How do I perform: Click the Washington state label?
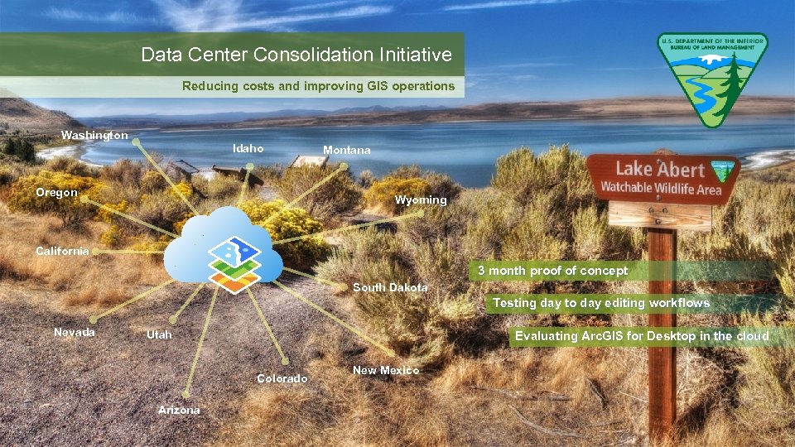click(x=94, y=135)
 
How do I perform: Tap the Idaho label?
click(x=248, y=149)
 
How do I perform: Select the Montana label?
click(x=347, y=151)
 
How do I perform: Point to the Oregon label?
click(x=56, y=193)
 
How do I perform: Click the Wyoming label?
click(x=421, y=200)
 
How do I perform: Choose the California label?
click(x=62, y=252)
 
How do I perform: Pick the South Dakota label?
click(x=390, y=288)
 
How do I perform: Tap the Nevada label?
click(x=75, y=332)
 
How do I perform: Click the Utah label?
click(x=159, y=334)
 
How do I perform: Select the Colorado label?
click(x=282, y=378)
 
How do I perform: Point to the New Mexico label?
click(x=386, y=370)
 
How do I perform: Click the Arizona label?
click(x=179, y=410)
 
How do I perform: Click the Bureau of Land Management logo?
click(x=712, y=79)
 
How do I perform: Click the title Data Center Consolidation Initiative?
click(x=296, y=55)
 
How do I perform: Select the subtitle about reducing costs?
click(x=318, y=86)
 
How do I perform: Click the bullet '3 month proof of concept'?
click(x=552, y=271)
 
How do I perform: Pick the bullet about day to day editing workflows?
click(x=600, y=303)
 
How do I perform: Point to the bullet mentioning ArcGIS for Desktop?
click(x=642, y=336)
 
